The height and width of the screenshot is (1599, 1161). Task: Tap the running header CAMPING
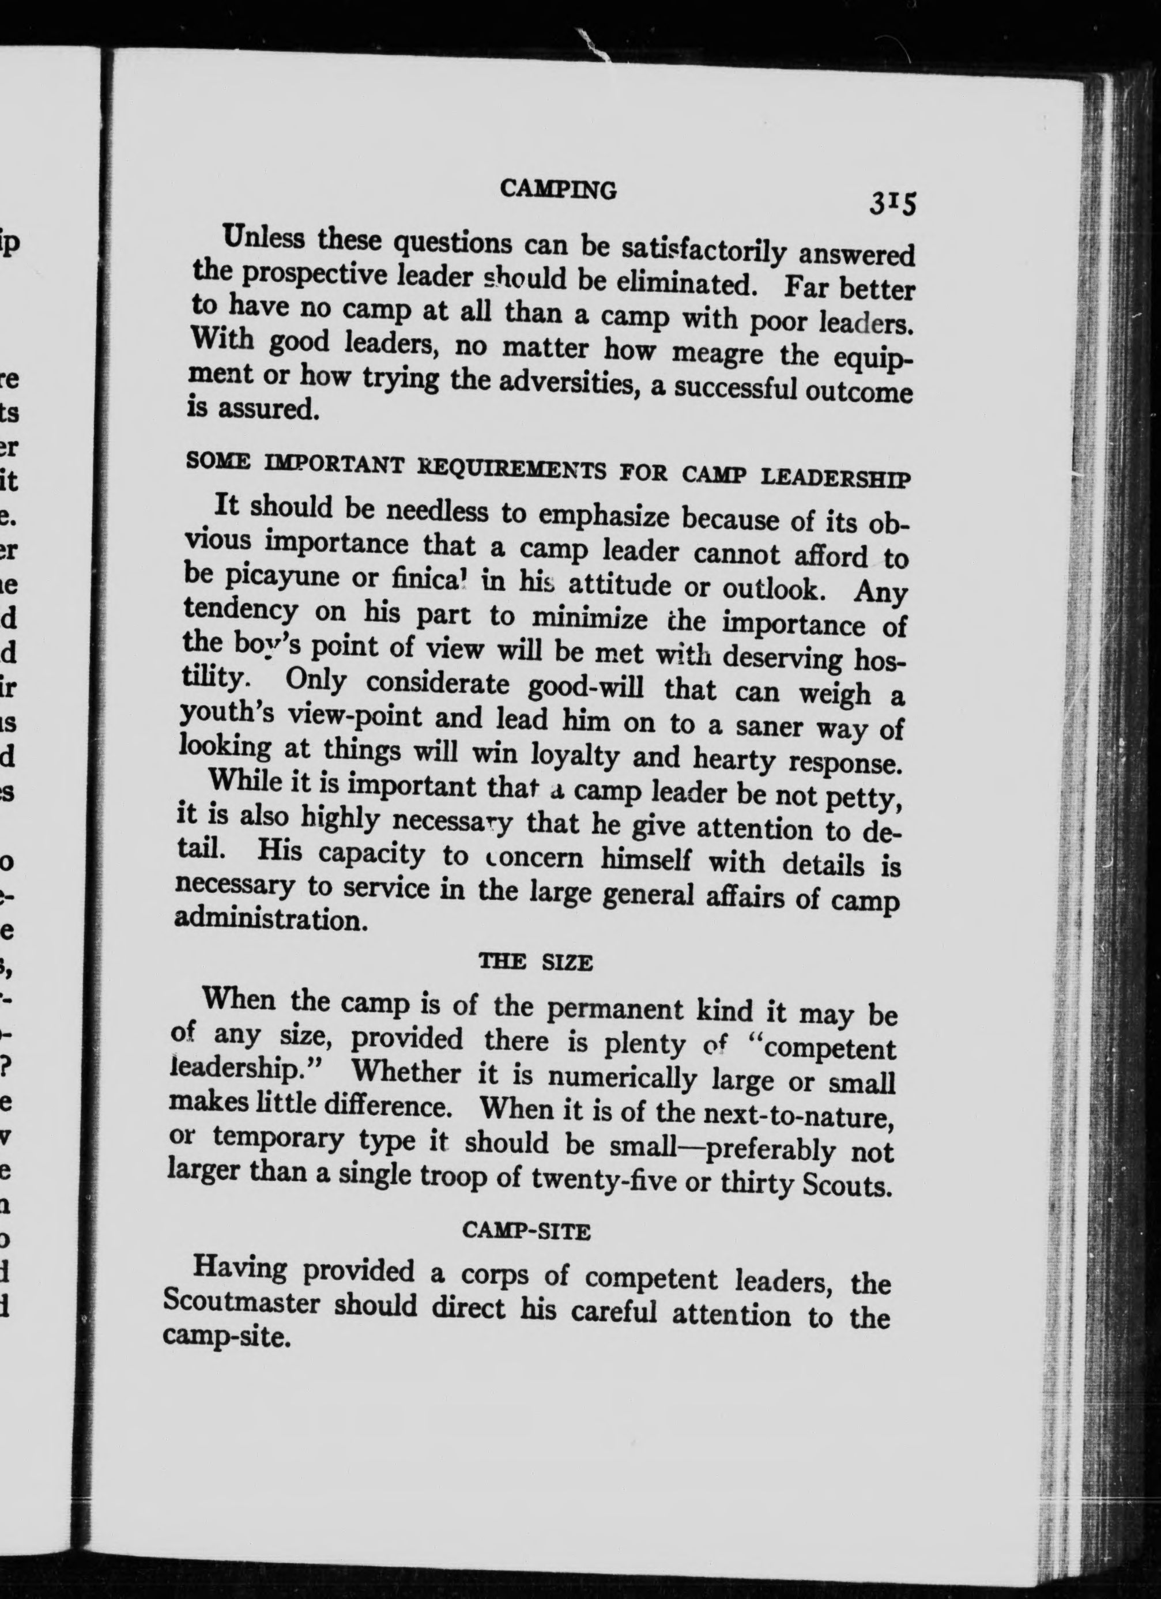point(557,188)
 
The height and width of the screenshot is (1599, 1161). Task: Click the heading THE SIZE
point(535,963)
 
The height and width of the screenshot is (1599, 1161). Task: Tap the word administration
point(272,921)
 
